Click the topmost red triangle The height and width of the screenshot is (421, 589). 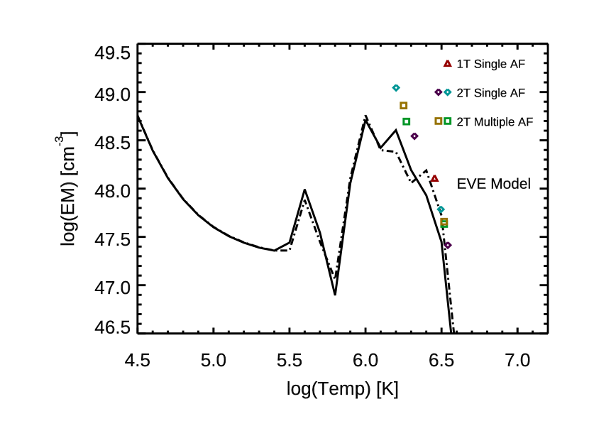click(x=448, y=64)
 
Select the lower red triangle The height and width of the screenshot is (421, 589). click(x=435, y=178)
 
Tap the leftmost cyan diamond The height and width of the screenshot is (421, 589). click(x=396, y=88)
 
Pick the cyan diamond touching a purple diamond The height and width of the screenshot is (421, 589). click(x=448, y=92)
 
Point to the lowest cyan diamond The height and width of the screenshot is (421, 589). click(x=441, y=209)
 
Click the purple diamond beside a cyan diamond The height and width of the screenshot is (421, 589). click(x=439, y=92)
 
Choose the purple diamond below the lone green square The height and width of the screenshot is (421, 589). click(x=414, y=136)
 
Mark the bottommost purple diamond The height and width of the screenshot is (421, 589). click(x=448, y=246)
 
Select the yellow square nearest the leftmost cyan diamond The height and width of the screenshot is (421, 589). click(x=404, y=106)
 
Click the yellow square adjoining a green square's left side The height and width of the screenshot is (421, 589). click(x=439, y=121)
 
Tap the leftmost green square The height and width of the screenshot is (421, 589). click(x=407, y=121)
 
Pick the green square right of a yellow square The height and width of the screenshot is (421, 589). click(x=448, y=121)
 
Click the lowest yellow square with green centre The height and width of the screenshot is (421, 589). click(x=444, y=222)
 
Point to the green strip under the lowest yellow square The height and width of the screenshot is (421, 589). click(x=444, y=226)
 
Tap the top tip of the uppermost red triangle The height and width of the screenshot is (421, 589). click(x=448, y=60)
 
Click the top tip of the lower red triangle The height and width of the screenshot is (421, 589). click(x=435, y=175)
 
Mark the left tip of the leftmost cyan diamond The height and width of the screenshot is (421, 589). click(x=392, y=88)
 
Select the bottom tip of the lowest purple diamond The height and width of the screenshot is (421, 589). click(x=448, y=250)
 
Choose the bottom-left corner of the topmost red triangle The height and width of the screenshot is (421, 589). click(x=443, y=67)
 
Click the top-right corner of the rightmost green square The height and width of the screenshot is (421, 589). click(x=452, y=117)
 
